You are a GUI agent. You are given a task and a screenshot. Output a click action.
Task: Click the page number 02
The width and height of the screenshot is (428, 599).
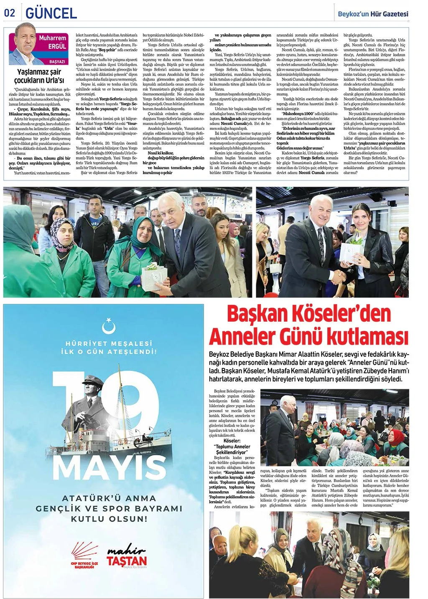(x=9, y=13)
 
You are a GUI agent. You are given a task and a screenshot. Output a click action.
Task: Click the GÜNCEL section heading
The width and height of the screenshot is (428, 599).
(x=51, y=13)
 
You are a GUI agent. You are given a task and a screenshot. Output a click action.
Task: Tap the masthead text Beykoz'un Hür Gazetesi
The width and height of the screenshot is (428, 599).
(x=373, y=14)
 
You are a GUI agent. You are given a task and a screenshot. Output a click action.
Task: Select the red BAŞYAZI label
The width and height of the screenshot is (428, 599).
(x=57, y=62)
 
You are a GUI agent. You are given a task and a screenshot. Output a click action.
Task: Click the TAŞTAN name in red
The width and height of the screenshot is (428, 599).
(x=127, y=561)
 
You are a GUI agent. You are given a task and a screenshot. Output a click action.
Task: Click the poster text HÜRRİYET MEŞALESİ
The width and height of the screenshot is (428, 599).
(x=109, y=343)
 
